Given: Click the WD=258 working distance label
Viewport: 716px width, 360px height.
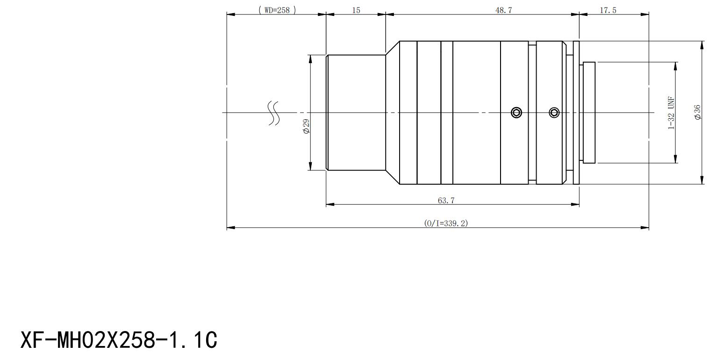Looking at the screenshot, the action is tap(277, 10).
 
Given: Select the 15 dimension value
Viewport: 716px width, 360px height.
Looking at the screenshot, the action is tap(356, 10).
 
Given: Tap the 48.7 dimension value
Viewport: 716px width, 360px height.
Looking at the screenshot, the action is tap(504, 10).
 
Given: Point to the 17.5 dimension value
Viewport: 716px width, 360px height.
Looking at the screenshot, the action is tap(608, 10).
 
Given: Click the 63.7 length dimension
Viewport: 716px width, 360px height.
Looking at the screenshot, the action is tap(446, 201).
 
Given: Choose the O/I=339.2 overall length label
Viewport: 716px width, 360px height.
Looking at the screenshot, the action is tap(446, 223).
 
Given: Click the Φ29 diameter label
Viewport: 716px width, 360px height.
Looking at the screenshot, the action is tap(306, 126).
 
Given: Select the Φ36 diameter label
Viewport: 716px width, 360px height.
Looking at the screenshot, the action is tap(697, 112).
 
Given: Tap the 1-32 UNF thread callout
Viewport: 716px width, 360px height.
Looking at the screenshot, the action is tap(671, 113).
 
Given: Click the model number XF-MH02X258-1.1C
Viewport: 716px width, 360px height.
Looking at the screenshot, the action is tap(119, 340).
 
